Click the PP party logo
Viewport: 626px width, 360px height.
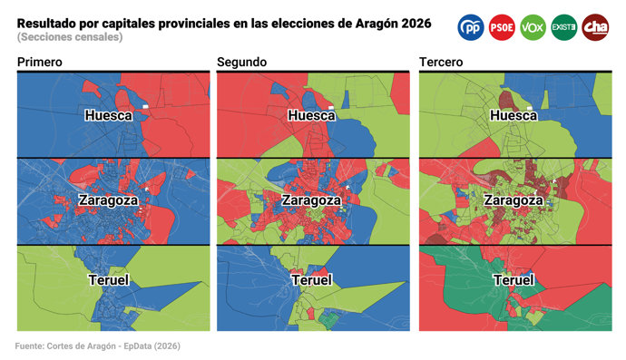click(x=472, y=27)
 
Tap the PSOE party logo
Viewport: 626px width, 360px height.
click(x=502, y=27)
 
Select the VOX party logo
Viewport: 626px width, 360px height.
click(x=533, y=27)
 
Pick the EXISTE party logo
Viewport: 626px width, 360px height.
click(x=563, y=27)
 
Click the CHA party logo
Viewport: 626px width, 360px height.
click(x=595, y=27)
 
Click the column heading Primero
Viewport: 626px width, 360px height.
click(x=39, y=62)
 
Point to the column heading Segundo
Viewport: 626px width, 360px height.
click(x=241, y=62)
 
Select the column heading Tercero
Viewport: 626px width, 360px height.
click(x=442, y=62)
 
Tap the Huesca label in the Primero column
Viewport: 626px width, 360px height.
click(x=109, y=115)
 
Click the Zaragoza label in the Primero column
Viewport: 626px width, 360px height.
click(x=109, y=199)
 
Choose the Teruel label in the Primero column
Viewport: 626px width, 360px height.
click(x=109, y=280)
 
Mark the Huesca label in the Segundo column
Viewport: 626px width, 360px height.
click(x=312, y=115)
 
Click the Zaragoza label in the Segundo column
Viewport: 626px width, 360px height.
click(x=312, y=199)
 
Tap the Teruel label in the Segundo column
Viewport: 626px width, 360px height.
click(x=312, y=280)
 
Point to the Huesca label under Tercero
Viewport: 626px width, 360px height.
click(x=514, y=115)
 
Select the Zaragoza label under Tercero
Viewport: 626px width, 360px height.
click(x=514, y=199)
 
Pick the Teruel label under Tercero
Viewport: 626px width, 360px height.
click(x=514, y=280)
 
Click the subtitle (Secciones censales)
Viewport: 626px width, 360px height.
click(x=69, y=37)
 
